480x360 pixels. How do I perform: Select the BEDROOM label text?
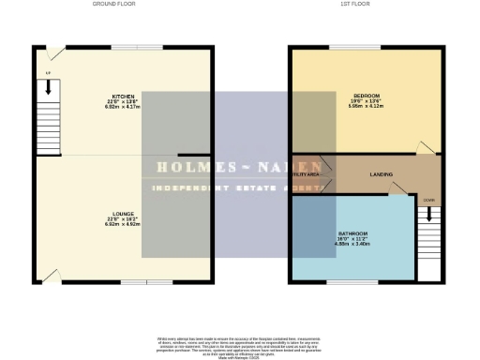[x=366, y=96]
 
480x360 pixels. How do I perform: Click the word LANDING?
[x=382, y=174]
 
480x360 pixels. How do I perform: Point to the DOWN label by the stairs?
[x=428, y=200]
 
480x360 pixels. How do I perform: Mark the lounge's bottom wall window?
[x=147, y=279]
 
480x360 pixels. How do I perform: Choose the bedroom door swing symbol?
[x=427, y=147]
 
